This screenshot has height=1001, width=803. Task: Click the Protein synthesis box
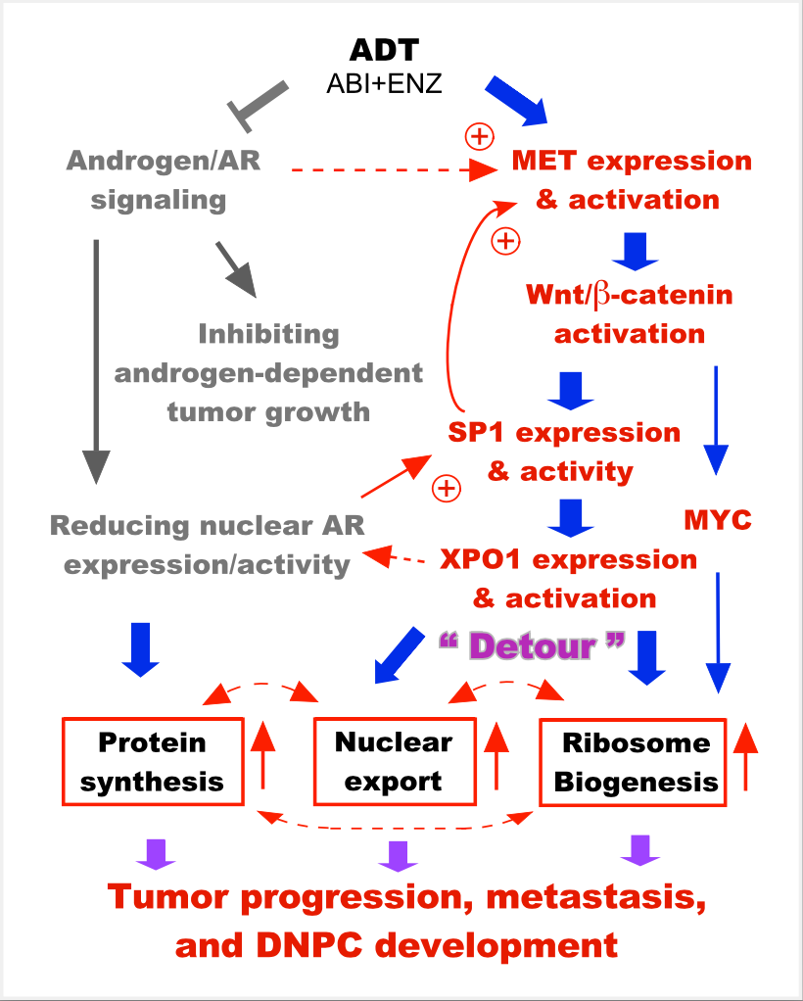click(x=152, y=762)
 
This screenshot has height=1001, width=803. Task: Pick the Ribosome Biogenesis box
click(x=634, y=762)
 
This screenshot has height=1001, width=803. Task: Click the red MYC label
click(x=718, y=519)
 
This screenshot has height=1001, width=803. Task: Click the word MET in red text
click(x=548, y=161)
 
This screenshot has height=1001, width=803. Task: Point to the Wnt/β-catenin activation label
click(x=629, y=313)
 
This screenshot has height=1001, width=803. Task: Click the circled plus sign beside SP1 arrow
click(x=447, y=488)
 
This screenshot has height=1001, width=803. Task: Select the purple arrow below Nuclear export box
click(x=398, y=855)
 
